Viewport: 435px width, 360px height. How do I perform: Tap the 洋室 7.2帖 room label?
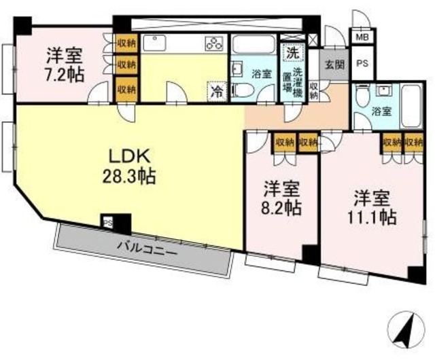tap(65, 63)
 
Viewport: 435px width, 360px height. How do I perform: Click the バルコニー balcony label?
tap(147, 247)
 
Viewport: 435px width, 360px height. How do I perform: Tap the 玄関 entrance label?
tap(334, 65)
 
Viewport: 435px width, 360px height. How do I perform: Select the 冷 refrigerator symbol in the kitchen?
tap(217, 89)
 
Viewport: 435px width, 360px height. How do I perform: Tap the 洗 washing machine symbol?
tap(292, 51)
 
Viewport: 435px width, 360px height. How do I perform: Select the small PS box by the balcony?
tap(107, 221)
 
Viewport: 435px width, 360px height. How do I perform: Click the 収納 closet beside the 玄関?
tap(314, 91)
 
